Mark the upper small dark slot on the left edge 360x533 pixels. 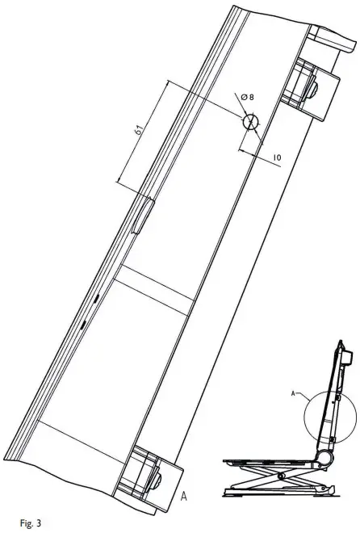click(x=94, y=300)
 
